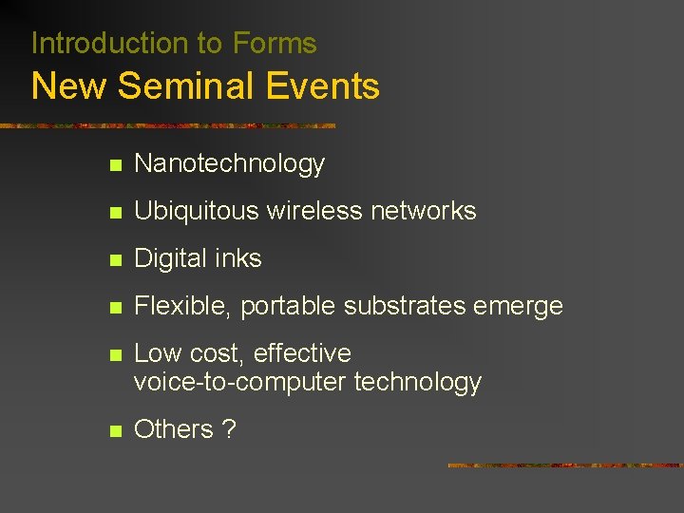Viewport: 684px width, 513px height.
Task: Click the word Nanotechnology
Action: tap(229, 164)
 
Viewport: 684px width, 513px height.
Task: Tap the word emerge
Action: tap(520, 307)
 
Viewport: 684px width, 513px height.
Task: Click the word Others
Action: tap(174, 429)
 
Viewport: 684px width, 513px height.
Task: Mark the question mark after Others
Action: tap(228, 429)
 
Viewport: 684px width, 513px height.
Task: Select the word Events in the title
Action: tap(323, 86)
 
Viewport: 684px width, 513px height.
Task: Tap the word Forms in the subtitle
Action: tap(275, 43)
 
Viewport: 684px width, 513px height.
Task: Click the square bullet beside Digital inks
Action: tap(115, 259)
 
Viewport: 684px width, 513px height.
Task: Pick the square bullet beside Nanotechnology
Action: tap(115, 165)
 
